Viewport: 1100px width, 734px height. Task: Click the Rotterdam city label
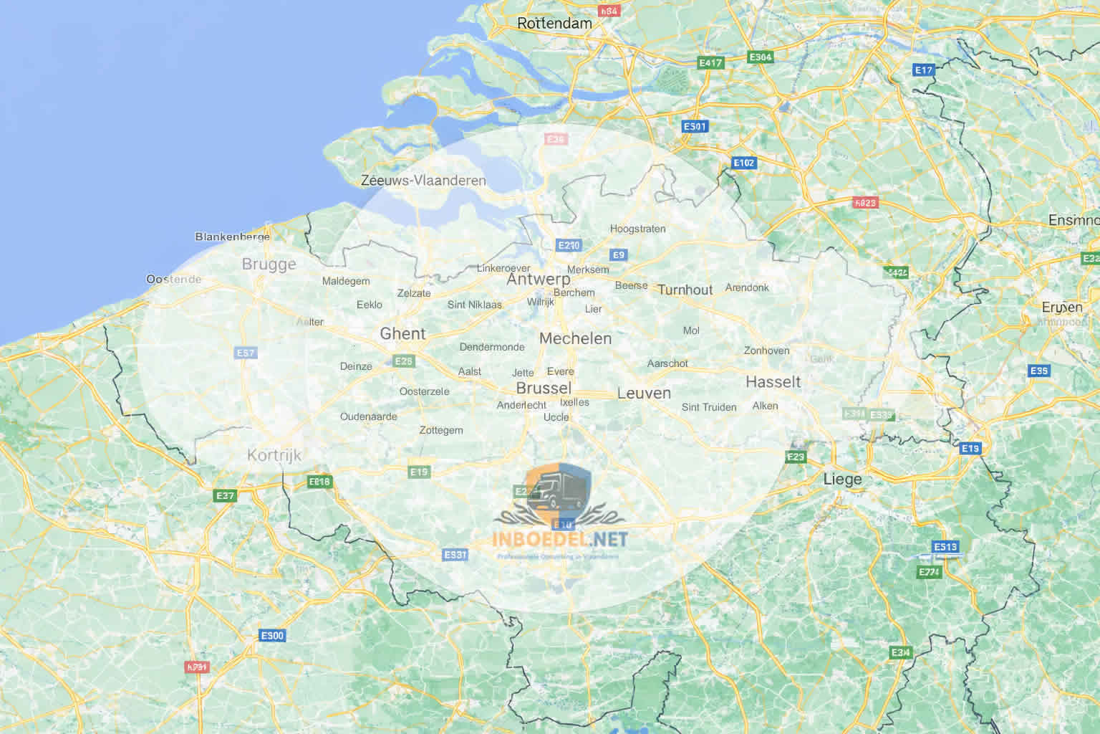pos(554,23)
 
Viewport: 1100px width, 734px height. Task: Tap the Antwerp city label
pos(539,280)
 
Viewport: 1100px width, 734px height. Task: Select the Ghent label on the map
pos(402,333)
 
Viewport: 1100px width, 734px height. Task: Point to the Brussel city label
pos(544,389)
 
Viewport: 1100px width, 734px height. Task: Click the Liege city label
pos(842,479)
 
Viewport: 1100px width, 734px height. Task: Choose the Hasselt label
pos(773,381)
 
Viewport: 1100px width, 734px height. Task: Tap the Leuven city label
pos(644,393)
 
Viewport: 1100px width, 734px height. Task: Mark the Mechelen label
pos(575,338)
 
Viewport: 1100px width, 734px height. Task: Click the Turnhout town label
pos(685,290)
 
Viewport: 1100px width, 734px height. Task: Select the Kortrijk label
pos(274,454)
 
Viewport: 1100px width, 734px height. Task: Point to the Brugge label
pos(269,264)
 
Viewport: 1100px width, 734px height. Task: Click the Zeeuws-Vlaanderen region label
pos(423,181)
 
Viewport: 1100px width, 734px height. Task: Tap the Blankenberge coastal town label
pos(232,237)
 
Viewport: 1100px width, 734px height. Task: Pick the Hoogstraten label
pos(637,229)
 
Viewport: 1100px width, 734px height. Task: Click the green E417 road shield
pos(710,63)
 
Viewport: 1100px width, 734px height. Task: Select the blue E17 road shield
pos(924,70)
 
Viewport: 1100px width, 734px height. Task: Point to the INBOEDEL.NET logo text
pos(559,538)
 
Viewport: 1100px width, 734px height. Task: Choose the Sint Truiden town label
pos(708,407)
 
